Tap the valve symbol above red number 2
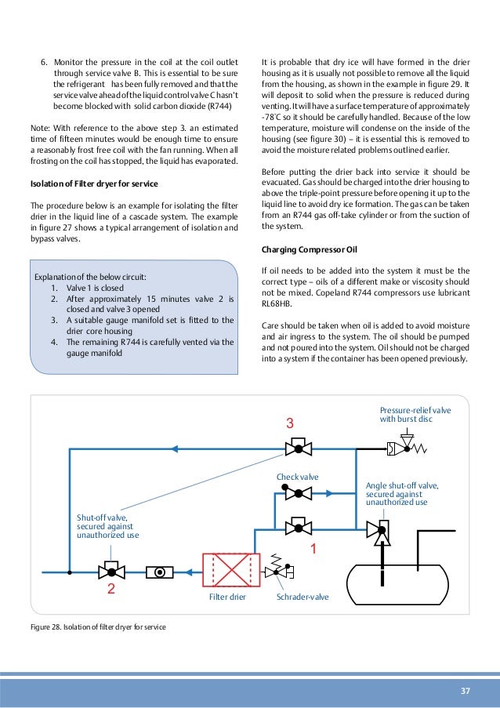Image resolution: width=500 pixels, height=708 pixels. coord(111,572)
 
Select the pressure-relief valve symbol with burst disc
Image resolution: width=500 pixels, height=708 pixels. coord(404,449)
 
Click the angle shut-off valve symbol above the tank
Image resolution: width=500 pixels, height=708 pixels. coord(382,531)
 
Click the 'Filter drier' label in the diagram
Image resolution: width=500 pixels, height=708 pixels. coord(227,597)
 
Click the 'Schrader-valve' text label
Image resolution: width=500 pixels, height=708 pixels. coord(303,597)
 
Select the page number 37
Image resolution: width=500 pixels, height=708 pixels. coord(466,691)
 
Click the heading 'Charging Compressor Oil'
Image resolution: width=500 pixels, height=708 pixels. coord(309,250)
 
